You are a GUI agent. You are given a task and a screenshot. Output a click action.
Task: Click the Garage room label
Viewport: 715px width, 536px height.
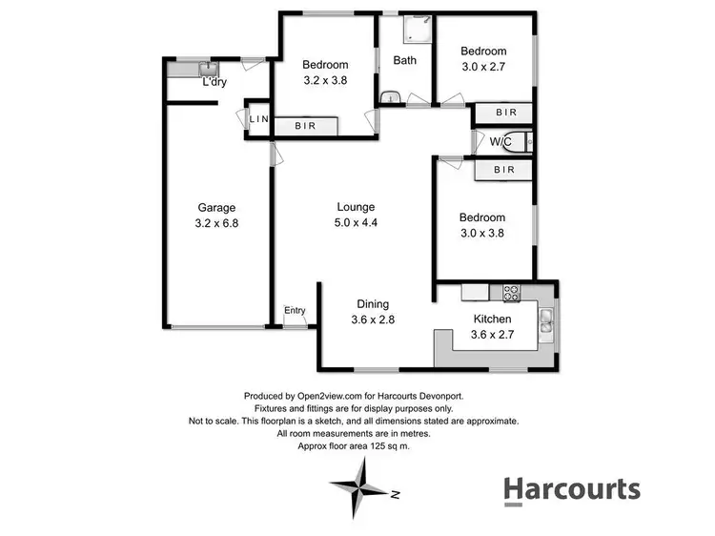(216, 207)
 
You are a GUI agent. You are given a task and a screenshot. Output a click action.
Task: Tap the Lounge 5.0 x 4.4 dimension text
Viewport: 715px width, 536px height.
(355, 223)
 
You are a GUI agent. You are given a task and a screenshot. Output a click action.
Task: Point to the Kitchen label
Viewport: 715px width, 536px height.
(493, 319)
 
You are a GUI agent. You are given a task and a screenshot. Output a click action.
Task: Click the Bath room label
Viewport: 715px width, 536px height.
(404, 60)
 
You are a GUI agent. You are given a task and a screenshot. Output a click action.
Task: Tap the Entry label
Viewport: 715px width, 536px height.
(295, 310)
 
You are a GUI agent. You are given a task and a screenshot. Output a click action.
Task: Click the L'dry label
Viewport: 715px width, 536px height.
(214, 82)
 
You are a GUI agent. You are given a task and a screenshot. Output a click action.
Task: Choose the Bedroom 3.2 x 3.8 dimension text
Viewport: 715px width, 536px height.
(325, 81)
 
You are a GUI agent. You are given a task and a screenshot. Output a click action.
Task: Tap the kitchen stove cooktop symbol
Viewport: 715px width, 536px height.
(510, 291)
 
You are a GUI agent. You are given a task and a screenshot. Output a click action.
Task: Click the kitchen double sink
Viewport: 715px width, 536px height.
(546, 322)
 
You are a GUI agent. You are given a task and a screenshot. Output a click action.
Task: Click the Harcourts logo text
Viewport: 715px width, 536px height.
(572, 489)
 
